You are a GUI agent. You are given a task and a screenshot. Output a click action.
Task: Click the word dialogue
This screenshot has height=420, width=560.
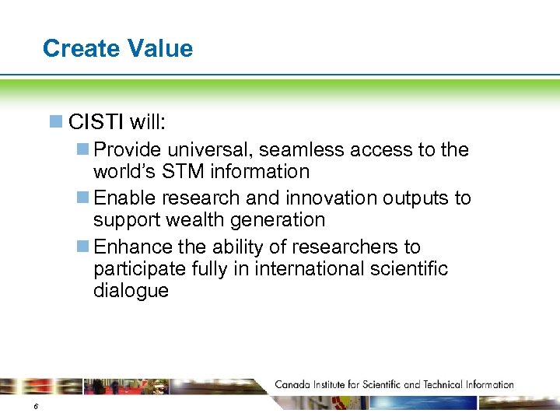131,291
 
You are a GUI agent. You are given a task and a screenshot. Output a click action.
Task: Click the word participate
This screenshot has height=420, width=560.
141,269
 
